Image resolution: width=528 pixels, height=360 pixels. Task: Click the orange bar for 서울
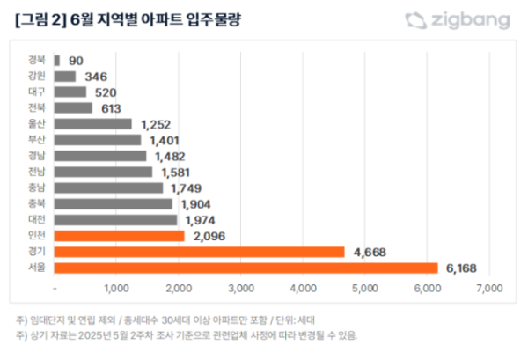coord(246,268)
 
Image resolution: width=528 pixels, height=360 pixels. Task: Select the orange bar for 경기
coord(199,252)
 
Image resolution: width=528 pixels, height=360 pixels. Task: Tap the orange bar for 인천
coord(119,236)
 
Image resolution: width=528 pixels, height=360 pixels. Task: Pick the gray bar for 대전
coord(115,219)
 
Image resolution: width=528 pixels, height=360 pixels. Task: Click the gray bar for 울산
coord(92,124)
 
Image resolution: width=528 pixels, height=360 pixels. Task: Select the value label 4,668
coord(370,252)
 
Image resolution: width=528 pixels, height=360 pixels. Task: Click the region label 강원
coord(37,77)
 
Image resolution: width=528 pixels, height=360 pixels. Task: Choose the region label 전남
coord(37,172)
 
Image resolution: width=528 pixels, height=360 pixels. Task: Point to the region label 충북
coord(37,203)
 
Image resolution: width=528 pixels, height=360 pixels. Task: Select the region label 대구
coord(37,92)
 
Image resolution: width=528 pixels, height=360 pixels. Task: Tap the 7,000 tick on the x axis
coord(488,288)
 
